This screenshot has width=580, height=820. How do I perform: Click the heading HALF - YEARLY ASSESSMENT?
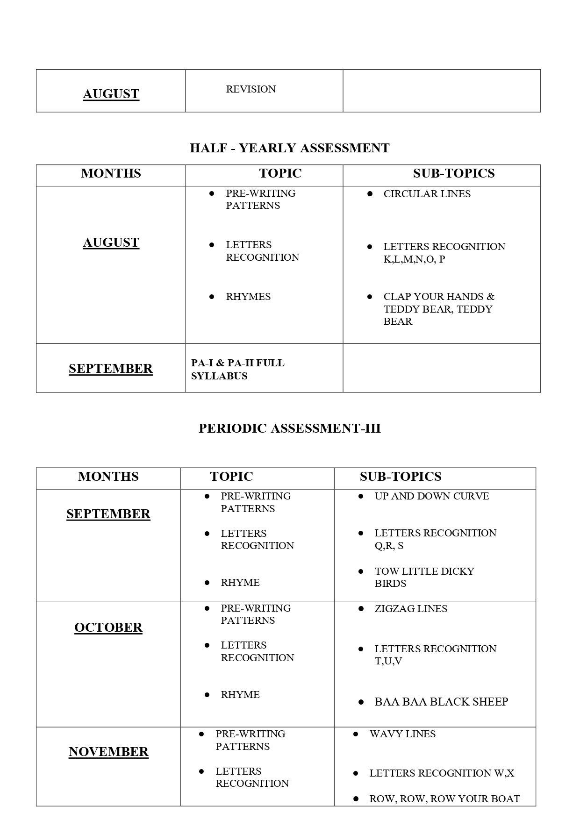pos(289,148)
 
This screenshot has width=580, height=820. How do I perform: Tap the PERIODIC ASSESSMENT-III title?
pos(289,428)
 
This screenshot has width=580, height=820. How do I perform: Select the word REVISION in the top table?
pos(251,89)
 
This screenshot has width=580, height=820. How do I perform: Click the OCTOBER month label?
pos(108,627)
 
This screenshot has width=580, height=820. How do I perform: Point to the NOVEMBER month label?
pos(108,751)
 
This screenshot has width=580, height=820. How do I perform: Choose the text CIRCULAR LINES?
pos(427,194)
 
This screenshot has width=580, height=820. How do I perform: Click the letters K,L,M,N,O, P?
pos(414,259)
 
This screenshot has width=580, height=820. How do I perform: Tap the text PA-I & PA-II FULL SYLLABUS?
pos(237,369)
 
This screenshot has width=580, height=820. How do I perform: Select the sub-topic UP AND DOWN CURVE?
pos(431,496)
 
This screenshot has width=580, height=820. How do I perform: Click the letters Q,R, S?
pos(389,546)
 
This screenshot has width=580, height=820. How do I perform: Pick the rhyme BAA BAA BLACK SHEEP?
pos(441,702)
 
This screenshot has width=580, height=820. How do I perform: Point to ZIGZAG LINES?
pos(410,609)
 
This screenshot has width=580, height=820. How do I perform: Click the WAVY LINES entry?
pos(402,734)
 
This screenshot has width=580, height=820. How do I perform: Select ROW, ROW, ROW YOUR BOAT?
pos(444,799)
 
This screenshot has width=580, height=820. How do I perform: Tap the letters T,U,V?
pos(388,661)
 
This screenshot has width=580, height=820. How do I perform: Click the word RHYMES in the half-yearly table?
pos(248,297)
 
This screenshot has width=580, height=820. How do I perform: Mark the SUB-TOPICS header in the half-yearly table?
pos(453,173)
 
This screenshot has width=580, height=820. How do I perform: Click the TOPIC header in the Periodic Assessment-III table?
pos(231,477)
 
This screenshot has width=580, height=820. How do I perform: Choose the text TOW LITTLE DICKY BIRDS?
pos(424,577)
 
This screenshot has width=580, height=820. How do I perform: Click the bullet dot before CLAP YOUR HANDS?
pos(370,297)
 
